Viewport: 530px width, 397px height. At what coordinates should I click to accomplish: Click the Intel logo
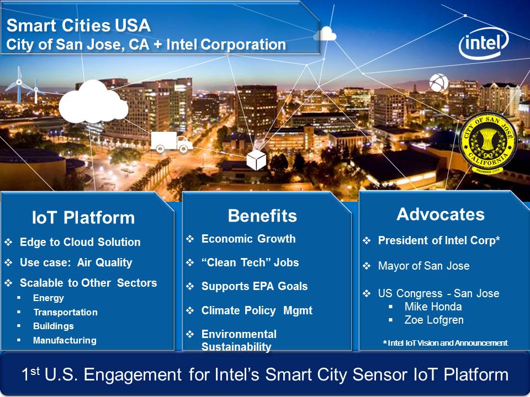tap(484, 43)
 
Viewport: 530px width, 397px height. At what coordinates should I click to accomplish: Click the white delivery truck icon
tap(171, 142)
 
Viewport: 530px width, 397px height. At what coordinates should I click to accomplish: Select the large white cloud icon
tap(93, 102)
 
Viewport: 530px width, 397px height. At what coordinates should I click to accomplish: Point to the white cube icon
tap(256, 160)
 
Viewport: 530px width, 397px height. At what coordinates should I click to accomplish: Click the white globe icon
tap(439, 83)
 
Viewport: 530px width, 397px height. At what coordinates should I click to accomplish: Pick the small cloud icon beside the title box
tap(325, 34)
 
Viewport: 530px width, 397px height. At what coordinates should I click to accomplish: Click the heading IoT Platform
tap(83, 217)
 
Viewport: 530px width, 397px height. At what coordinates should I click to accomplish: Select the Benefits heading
tap(262, 216)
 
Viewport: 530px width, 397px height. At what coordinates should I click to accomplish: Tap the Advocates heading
tap(441, 214)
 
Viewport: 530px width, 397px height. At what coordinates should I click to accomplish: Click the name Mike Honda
tap(433, 307)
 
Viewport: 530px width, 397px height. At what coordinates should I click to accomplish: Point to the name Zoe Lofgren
tap(434, 320)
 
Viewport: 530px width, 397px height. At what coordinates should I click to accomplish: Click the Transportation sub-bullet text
tap(65, 312)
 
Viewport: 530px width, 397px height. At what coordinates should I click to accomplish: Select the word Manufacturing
tap(65, 340)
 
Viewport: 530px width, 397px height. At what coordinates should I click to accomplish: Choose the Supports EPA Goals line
tap(254, 286)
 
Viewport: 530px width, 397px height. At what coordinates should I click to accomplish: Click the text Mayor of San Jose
tap(423, 266)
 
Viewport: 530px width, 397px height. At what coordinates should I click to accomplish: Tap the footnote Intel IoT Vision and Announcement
tap(445, 343)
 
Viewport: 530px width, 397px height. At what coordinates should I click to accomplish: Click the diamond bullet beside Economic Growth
tap(190, 239)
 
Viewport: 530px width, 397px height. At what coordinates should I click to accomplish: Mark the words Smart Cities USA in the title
tap(78, 26)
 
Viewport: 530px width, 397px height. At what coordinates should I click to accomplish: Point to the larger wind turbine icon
tap(19, 84)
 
